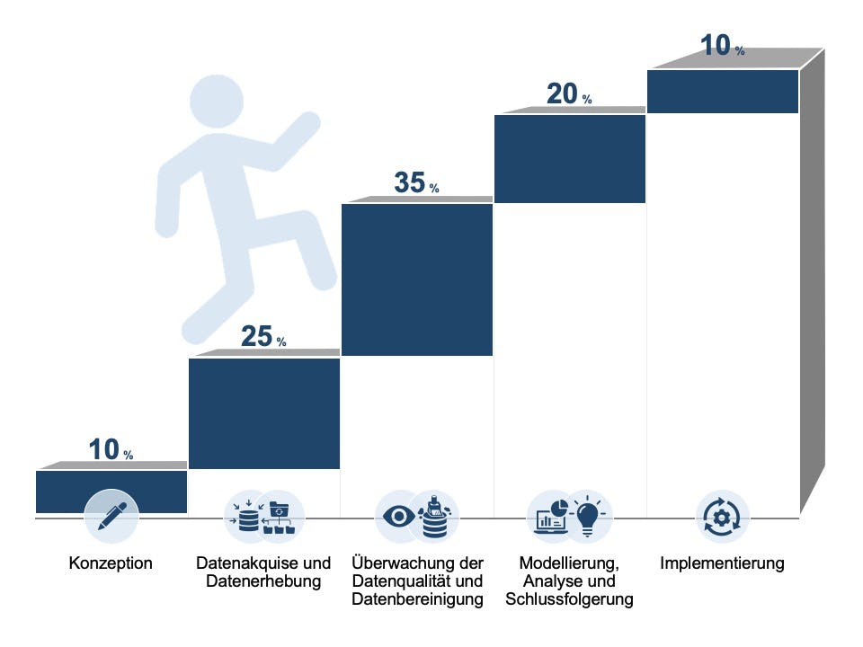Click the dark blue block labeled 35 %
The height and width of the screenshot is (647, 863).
[417, 279]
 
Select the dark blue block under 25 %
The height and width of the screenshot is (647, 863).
[264, 413]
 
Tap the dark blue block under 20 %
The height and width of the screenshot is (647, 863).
[570, 158]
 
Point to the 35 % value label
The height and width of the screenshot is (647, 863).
[415, 183]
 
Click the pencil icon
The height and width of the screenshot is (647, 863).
[111, 516]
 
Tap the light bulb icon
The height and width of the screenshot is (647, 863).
[588, 516]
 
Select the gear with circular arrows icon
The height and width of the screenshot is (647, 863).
[722, 518]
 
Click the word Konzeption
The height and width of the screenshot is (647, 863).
[111, 564]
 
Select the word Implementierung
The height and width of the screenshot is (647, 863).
[722, 564]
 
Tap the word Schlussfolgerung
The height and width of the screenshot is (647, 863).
[569, 599]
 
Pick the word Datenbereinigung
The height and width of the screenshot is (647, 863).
[418, 599]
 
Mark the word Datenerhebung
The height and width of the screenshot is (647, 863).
[263, 582]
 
